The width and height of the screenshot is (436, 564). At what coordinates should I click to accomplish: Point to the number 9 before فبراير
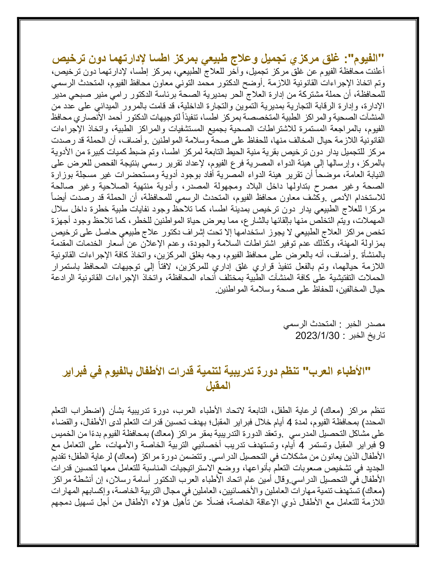[382, 445]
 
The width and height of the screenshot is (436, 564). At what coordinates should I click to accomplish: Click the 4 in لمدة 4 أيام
[290, 422]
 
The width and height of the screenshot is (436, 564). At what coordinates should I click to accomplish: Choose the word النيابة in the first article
[376, 175]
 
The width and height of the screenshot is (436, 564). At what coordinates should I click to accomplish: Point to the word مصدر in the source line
[376, 324]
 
